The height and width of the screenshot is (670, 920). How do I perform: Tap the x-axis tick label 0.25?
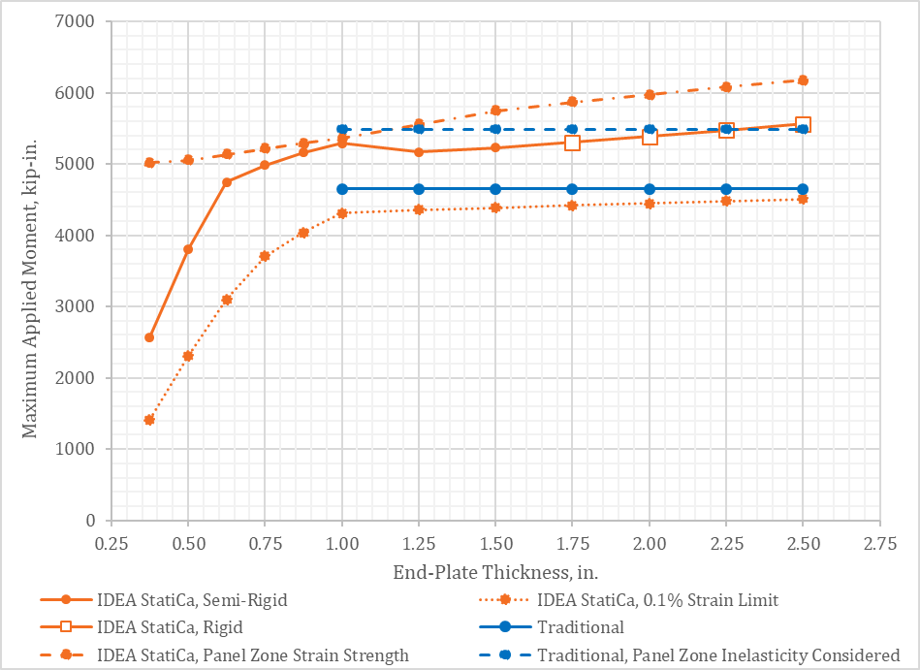[x=111, y=544]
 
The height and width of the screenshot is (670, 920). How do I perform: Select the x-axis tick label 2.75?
[x=879, y=544]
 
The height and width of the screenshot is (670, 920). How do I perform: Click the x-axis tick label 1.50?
[x=495, y=544]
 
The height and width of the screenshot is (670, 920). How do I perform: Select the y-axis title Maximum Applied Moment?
[x=31, y=271]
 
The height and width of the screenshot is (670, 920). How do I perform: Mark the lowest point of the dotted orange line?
[x=149, y=420]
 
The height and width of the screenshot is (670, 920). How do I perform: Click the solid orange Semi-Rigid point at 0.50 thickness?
[x=188, y=249]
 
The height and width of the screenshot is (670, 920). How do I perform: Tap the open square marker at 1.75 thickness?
[x=572, y=143]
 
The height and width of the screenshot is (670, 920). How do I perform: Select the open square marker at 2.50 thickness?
[x=803, y=124]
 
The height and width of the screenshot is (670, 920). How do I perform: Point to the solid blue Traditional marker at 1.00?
[x=342, y=189]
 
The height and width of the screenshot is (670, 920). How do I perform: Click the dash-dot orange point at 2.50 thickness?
[x=803, y=80]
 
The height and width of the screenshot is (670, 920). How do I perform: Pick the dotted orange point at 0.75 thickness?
[x=265, y=256]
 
